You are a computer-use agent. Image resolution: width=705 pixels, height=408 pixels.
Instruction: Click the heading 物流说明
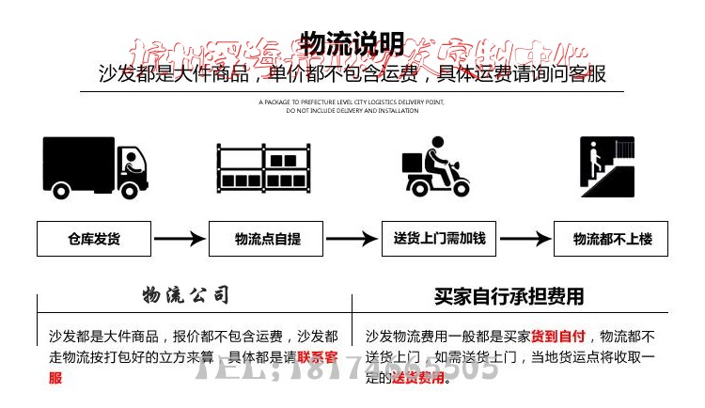(x=352, y=43)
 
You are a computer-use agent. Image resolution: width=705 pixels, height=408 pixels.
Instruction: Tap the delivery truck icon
(x=95, y=167)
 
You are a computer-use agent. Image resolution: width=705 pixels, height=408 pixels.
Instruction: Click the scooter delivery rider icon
(x=435, y=167)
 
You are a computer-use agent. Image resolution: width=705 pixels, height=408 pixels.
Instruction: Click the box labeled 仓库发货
(x=93, y=239)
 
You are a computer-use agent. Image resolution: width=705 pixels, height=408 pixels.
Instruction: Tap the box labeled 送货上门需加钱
(x=439, y=239)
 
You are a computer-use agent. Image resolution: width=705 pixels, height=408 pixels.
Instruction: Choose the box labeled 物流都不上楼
(x=612, y=239)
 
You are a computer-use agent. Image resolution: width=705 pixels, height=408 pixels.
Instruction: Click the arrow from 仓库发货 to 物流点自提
(x=180, y=239)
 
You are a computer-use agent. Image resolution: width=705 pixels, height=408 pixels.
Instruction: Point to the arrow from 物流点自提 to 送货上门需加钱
(x=351, y=239)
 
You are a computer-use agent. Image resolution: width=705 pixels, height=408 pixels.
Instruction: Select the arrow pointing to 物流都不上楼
(x=525, y=239)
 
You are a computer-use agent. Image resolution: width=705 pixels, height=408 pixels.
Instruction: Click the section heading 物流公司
(x=185, y=296)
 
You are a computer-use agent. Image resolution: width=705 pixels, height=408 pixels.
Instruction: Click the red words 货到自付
(x=558, y=336)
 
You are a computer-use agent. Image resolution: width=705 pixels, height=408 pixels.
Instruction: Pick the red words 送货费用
(x=417, y=378)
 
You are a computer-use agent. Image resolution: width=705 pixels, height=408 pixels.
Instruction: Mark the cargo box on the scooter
(x=414, y=163)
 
